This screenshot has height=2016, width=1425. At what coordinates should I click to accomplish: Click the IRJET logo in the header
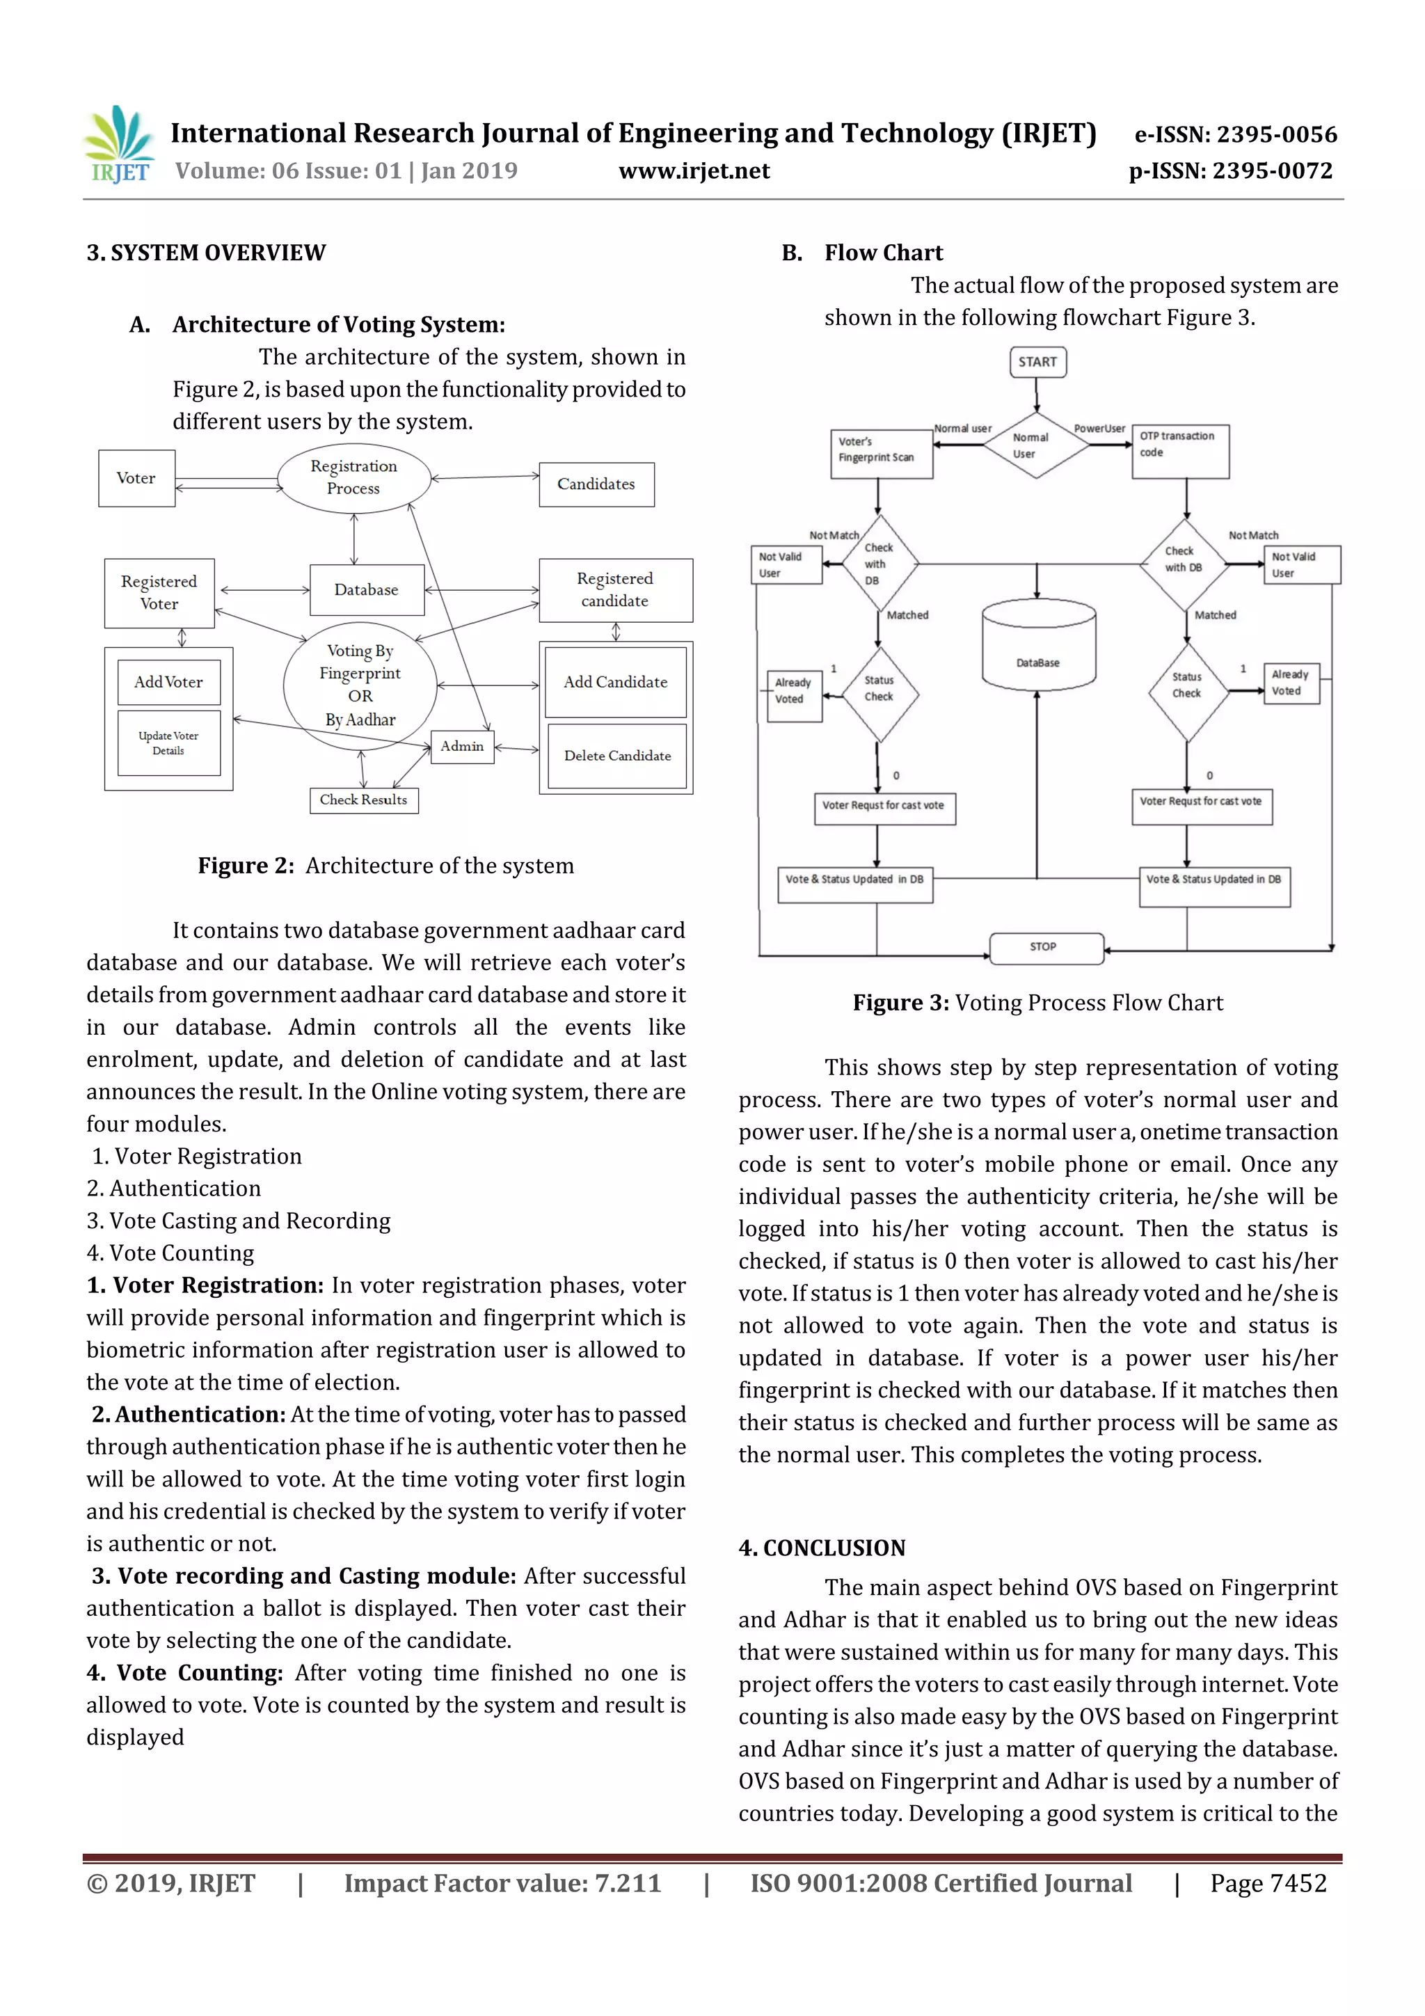[x=120, y=144]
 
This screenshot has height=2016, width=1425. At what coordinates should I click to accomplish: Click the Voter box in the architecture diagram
[x=136, y=479]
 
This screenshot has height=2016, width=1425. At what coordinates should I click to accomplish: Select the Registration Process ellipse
[x=354, y=477]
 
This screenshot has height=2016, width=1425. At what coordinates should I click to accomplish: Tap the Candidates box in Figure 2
[x=596, y=484]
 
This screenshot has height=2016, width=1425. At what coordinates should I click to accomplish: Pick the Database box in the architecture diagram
[x=366, y=590]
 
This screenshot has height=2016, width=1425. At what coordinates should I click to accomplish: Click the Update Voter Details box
[x=168, y=743]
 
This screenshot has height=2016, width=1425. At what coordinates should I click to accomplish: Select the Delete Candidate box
[x=616, y=756]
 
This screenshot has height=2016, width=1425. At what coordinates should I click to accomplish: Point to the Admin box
[x=463, y=746]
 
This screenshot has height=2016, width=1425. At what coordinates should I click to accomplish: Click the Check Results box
[x=363, y=800]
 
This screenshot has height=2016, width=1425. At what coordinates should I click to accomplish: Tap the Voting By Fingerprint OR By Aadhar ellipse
[x=360, y=685]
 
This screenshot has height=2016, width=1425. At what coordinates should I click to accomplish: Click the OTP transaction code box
[x=1179, y=452]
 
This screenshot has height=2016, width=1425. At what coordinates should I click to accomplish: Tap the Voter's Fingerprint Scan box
[x=881, y=452]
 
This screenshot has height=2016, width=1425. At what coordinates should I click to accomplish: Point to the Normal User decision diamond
[x=1036, y=445]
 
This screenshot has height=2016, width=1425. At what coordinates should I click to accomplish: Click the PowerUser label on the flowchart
[x=1099, y=429]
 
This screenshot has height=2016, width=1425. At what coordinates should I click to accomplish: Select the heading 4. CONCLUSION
[x=822, y=1548]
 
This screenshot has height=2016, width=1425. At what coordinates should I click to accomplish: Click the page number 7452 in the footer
[x=1268, y=1883]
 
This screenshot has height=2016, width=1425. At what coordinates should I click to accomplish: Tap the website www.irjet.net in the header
[x=694, y=171]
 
